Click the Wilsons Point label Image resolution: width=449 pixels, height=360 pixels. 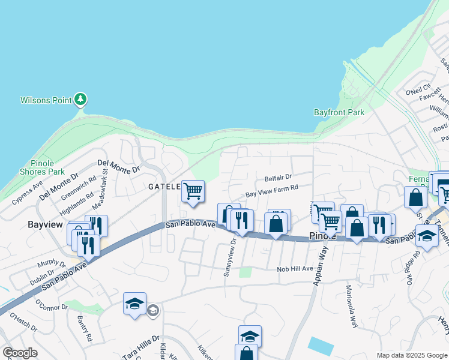[46, 100]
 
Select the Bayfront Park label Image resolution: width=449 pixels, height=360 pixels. [339, 112]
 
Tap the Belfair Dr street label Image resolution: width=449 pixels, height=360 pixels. [278, 178]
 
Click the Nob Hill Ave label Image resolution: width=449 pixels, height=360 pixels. [295, 269]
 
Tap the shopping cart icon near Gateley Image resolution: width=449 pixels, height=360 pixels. [193, 192]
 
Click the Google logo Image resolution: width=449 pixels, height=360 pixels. [21, 353]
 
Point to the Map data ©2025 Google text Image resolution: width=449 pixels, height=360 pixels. [411, 355]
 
